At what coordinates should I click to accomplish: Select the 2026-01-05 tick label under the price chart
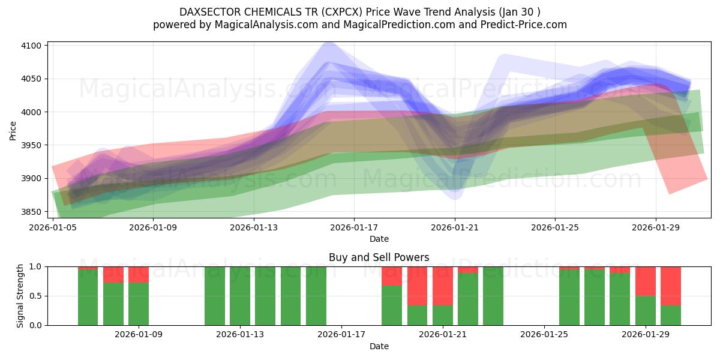coord(53,227)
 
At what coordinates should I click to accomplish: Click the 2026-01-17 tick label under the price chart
coord(354,227)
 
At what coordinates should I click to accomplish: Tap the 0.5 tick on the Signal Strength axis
coord(37,296)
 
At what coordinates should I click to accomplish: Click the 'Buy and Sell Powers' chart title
coord(379,257)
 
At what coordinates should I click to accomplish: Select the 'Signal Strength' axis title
coord(20,295)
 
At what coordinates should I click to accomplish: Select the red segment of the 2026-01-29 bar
coord(646,281)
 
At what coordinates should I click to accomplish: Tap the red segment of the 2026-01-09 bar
coord(139,274)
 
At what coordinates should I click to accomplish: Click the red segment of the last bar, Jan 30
coord(671,286)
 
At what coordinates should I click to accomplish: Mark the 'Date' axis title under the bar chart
coord(379,346)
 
